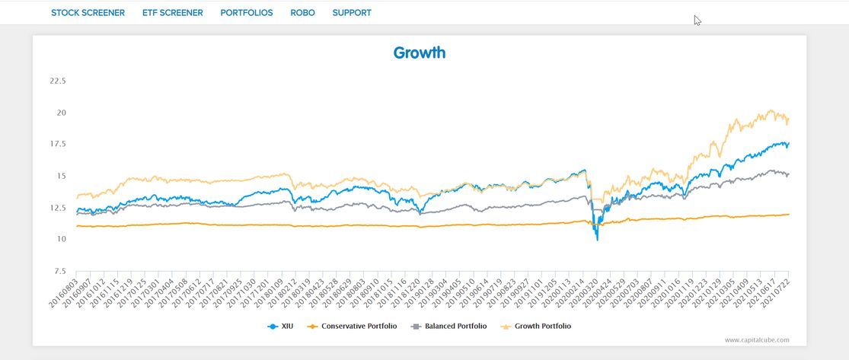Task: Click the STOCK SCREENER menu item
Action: click(x=88, y=13)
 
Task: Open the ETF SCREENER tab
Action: click(x=172, y=13)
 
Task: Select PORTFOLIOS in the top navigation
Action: click(x=246, y=13)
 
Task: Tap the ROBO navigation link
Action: click(x=302, y=13)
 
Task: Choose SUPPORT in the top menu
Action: click(x=352, y=13)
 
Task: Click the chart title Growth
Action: click(x=419, y=53)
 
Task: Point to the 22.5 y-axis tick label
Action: click(x=57, y=81)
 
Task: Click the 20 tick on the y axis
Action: click(x=61, y=113)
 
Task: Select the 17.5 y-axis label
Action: click(x=57, y=144)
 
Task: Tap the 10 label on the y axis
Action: click(x=61, y=239)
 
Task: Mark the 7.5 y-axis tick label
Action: click(x=59, y=271)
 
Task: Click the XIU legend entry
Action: click(x=287, y=327)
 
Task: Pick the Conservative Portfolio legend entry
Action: click(x=359, y=327)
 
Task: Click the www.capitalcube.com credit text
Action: click(x=756, y=340)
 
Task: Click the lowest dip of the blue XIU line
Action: click(x=597, y=240)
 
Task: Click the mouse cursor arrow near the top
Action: click(x=697, y=21)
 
